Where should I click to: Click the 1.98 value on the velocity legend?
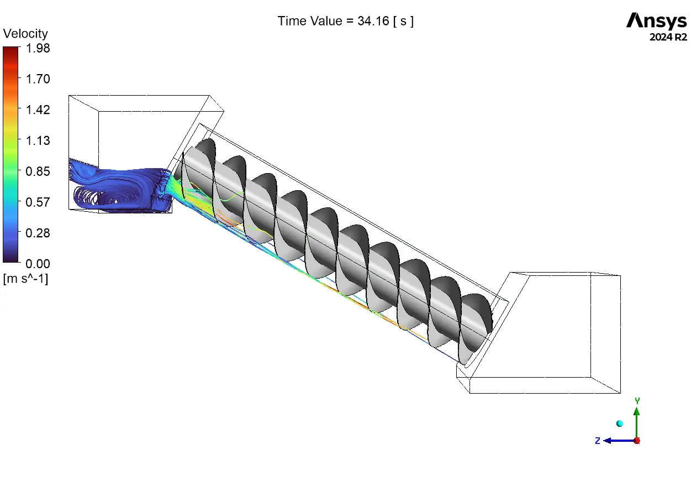[38, 48]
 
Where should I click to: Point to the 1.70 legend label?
[38, 79]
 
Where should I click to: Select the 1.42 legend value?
[38, 110]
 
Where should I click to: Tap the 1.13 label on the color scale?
[38, 141]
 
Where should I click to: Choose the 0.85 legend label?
[38, 171]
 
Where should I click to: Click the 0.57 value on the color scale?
[38, 202]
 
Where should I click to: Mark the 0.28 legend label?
[38, 233]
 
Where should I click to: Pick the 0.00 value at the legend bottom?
[38, 264]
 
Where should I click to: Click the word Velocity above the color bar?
[25, 34]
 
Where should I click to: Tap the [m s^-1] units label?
[25, 279]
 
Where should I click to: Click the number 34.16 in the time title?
[373, 21]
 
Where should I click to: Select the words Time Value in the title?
[310, 21]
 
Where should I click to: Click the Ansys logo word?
[656, 20]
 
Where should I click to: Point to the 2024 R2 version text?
[668, 38]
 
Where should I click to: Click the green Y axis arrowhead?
[636, 411]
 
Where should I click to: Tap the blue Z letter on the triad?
[598, 441]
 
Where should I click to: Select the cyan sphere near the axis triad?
[619, 424]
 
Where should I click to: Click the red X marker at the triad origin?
[637, 441]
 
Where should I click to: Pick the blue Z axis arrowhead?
[607, 441]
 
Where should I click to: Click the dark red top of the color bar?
[10, 51]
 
